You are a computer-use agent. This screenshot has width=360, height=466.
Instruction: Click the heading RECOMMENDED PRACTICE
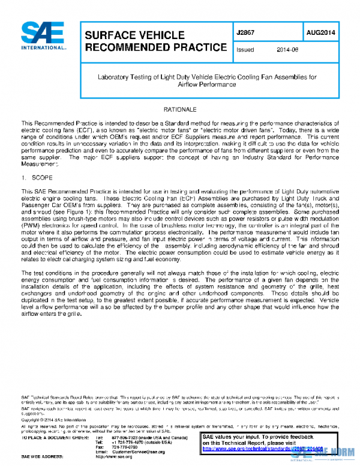(155, 47)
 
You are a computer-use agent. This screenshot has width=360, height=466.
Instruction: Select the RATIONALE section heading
(179, 111)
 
